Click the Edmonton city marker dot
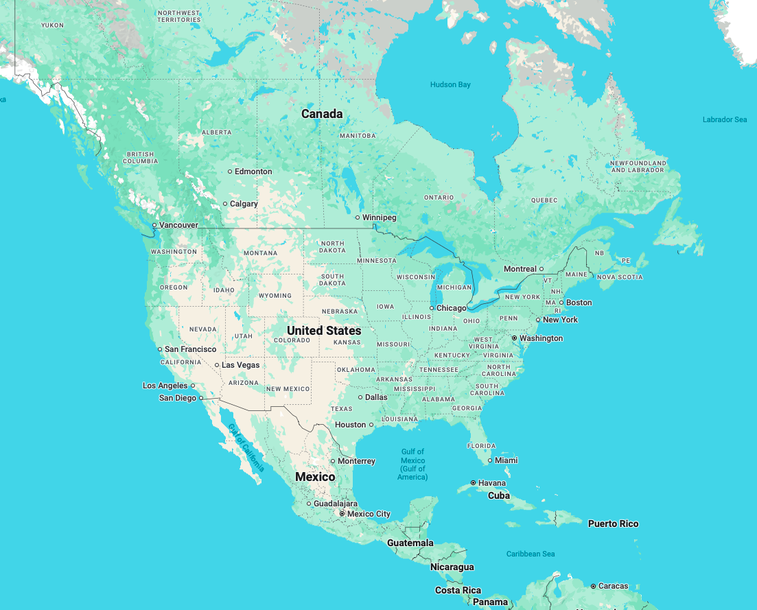(230, 172)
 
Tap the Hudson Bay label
(450, 84)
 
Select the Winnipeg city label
(379, 218)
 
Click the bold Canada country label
(322, 114)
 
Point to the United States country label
(324, 330)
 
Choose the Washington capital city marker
(514, 338)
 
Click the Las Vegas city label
(240, 365)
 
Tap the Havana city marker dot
(473, 483)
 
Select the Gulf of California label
(245, 447)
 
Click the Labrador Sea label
(724, 119)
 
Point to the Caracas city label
(613, 586)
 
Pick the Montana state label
(260, 253)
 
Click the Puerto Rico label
(613, 524)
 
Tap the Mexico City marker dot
(342, 513)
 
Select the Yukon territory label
(52, 25)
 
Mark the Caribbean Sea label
(531, 554)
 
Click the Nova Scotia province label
(620, 277)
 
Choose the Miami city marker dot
(490, 460)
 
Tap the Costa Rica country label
(458, 590)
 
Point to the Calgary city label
(244, 204)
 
